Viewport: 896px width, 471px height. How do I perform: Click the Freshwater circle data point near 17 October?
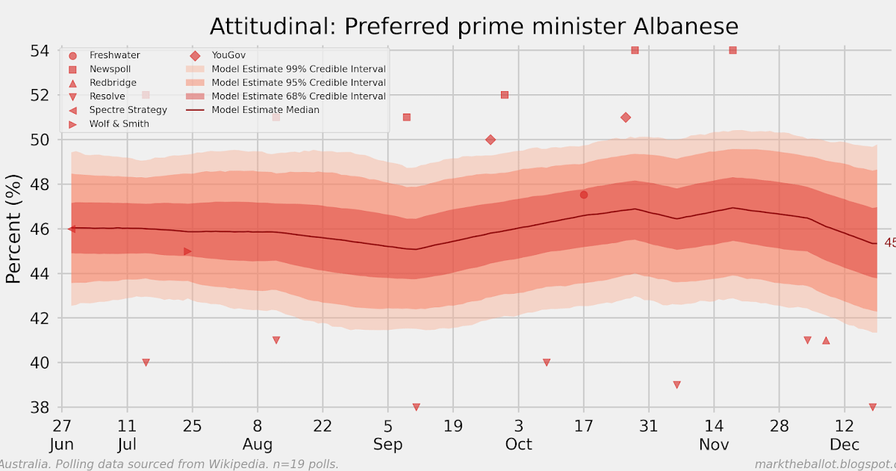coord(584,195)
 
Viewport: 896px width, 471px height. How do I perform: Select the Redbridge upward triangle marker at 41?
coord(826,340)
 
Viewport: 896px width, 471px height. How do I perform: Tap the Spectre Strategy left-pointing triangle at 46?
coord(72,229)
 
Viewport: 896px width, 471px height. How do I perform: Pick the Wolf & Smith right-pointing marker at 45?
coord(187,251)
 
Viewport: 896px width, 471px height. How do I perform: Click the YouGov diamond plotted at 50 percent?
coord(491,140)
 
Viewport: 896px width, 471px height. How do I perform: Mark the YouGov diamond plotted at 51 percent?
coord(626,117)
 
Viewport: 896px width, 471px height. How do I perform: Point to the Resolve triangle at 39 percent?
coord(676,385)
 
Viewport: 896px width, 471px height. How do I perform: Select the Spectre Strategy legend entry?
coord(128,110)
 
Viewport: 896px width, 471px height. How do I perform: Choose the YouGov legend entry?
coord(228,55)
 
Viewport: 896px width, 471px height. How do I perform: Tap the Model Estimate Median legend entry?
coord(265,110)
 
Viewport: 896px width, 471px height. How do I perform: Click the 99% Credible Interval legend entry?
coord(298,69)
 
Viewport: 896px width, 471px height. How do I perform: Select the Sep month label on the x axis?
coord(388,445)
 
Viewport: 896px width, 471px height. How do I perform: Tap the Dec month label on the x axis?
coord(844,445)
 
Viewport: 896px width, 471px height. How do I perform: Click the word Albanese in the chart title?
coord(685,27)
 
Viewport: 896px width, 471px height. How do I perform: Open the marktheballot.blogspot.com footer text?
coord(824,464)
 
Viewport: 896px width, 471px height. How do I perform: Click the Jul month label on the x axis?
coord(127,445)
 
